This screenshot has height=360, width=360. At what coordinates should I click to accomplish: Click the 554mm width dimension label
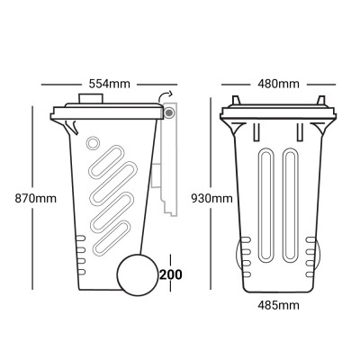point(111,84)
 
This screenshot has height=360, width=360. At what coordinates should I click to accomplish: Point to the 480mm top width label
point(278,84)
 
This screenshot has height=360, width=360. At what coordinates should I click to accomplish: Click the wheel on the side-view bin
point(138,274)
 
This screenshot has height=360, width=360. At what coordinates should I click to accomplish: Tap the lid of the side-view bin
point(108,112)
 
